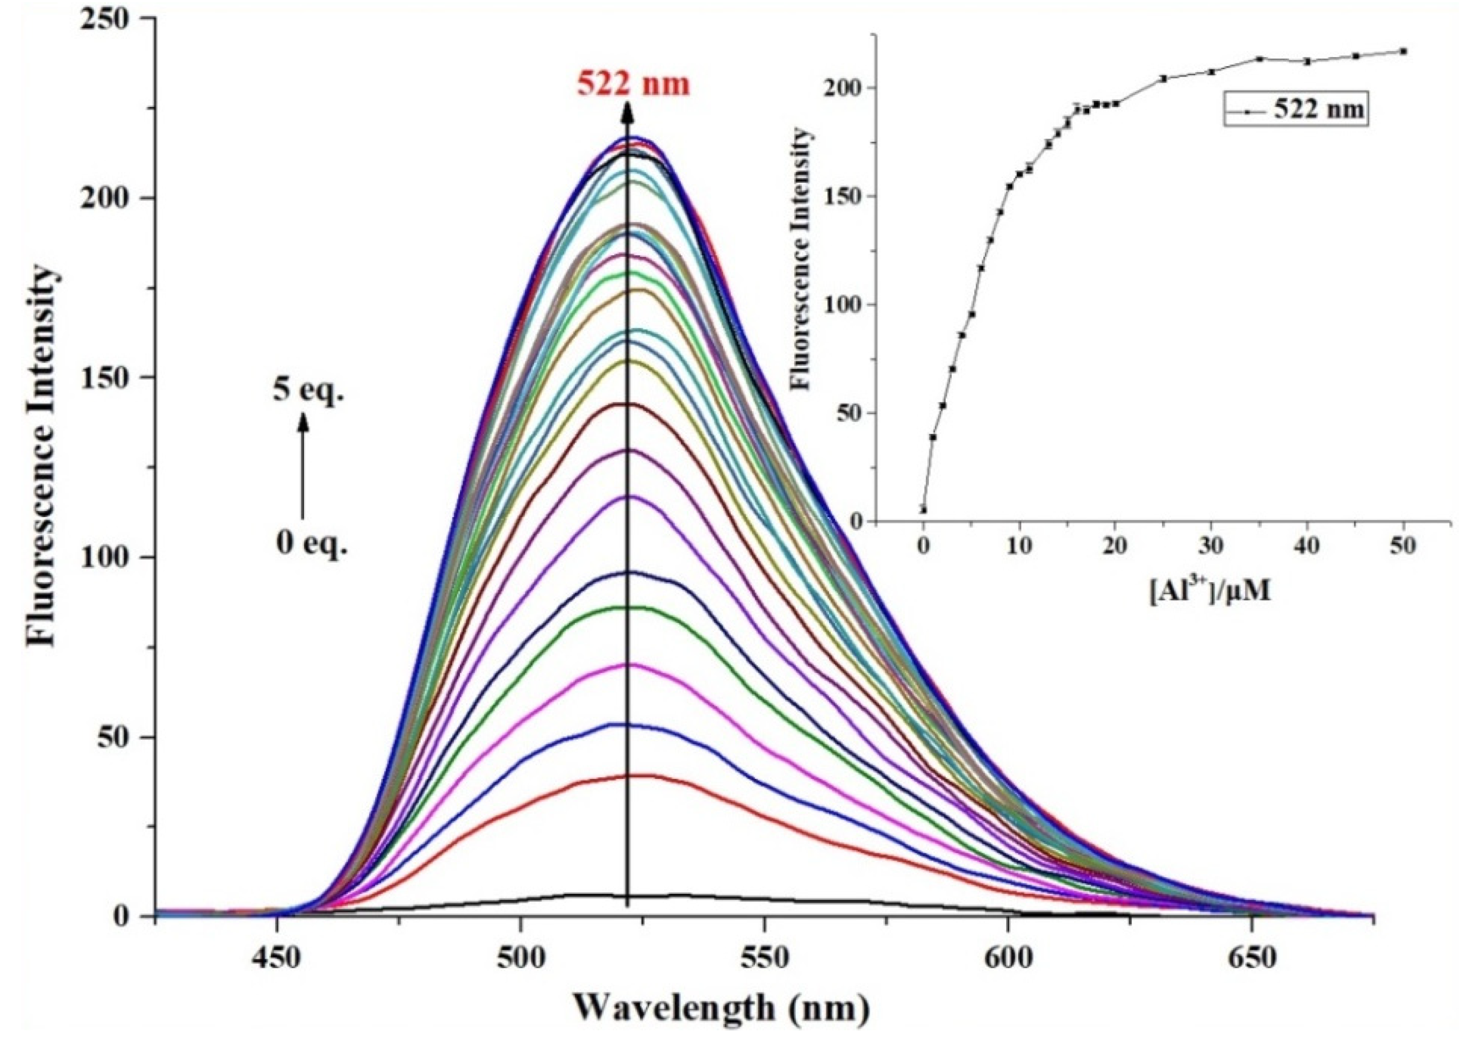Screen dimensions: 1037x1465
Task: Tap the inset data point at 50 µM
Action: [1403, 51]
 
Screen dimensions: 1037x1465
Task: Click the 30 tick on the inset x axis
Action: [1211, 547]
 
